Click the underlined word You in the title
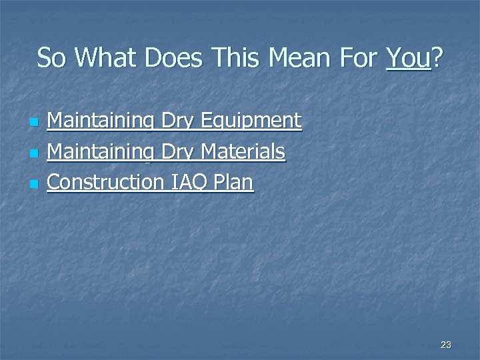point(408,59)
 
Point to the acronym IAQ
point(193,182)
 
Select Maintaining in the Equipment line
point(101,121)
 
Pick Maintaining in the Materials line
point(101,152)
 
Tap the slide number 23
point(446,345)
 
